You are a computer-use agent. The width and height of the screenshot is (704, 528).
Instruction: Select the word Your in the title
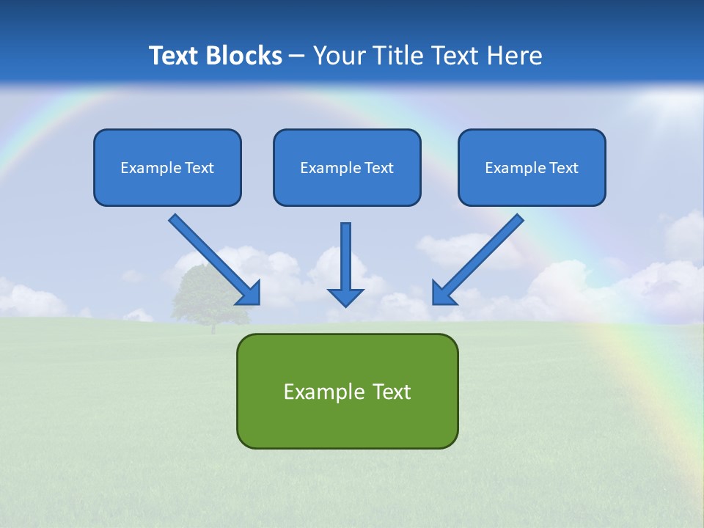[338, 56]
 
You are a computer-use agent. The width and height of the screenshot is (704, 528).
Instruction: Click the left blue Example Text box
[167, 167]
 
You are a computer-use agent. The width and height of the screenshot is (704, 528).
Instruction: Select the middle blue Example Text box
[347, 167]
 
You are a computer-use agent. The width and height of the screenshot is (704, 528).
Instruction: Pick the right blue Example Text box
[532, 167]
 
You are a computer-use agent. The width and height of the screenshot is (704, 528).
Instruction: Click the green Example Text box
[347, 391]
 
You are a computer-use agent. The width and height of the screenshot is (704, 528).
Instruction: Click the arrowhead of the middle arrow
[345, 296]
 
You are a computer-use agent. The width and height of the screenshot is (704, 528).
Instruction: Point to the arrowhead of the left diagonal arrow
[249, 293]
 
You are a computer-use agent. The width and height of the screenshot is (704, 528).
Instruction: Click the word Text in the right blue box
[563, 168]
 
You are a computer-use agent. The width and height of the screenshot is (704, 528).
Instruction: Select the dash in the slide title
[297, 56]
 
